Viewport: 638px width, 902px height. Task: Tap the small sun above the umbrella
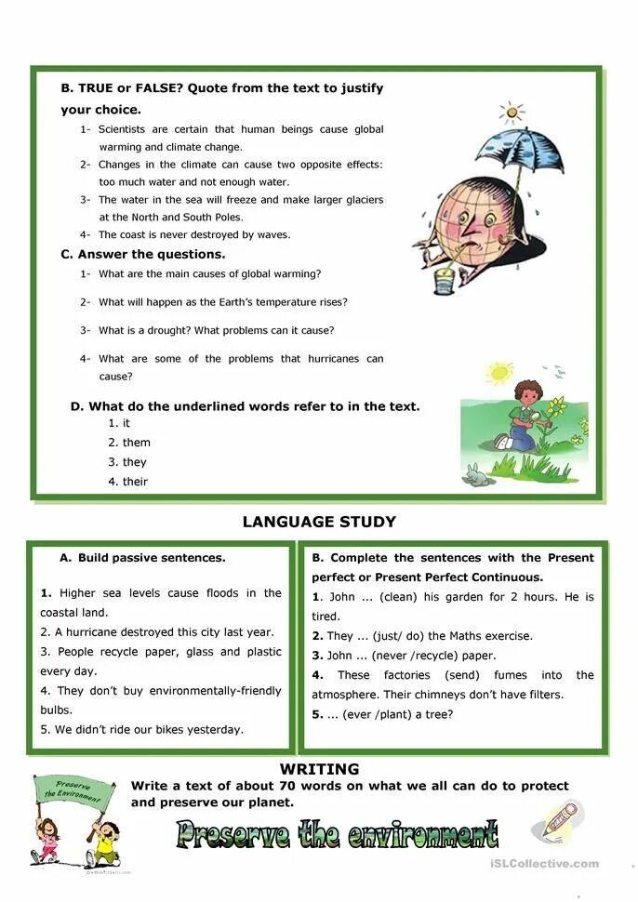click(511, 113)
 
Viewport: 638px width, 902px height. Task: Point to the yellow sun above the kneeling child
click(500, 373)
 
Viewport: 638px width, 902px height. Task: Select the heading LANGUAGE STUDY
click(319, 522)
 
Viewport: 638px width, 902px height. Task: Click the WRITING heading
click(319, 769)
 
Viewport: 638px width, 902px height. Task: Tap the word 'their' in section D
click(135, 482)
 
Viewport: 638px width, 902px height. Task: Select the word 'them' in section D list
click(136, 443)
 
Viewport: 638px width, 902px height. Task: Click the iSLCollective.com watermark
click(543, 864)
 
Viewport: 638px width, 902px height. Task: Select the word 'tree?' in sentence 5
click(437, 714)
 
